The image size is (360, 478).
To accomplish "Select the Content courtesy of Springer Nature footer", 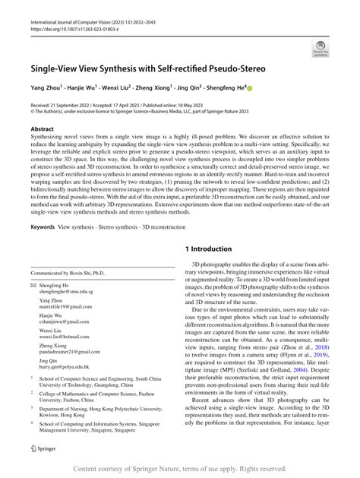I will [x=179, y=469].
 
